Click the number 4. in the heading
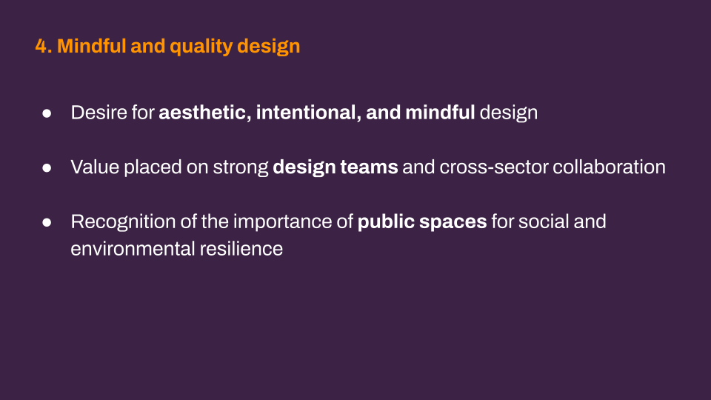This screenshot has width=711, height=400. click(x=44, y=46)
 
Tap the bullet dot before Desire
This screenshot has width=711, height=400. click(x=47, y=113)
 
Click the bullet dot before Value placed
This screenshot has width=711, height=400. click(x=47, y=168)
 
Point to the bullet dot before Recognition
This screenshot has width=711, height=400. click(x=47, y=222)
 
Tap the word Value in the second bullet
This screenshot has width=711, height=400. click(x=96, y=167)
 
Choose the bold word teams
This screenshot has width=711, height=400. click(x=369, y=167)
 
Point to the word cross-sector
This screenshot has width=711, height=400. click(x=493, y=167)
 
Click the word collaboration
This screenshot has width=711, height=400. click(x=609, y=167)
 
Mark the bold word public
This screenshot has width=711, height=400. click(x=386, y=222)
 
